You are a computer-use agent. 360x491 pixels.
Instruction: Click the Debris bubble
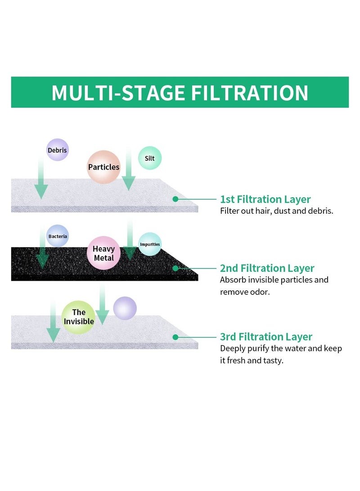click(x=58, y=150)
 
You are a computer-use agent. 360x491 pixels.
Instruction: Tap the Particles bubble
click(x=104, y=167)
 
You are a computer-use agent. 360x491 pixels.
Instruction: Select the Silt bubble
click(x=150, y=158)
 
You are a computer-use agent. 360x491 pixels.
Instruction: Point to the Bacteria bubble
click(x=58, y=236)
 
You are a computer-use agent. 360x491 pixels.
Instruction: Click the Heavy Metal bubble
click(x=104, y=253)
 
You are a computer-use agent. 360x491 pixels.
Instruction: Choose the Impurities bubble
click(x=150, y=244)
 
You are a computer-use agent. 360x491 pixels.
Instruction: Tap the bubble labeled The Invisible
click(x=79, y=317)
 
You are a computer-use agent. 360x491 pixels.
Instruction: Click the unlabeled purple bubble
click(x=125, y=308)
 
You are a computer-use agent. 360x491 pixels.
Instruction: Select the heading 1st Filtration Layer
click(x=265, y=199)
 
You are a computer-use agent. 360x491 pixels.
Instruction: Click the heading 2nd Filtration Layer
click(x=267, y=268)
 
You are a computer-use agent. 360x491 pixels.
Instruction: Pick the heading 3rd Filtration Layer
click(x=266, y=337)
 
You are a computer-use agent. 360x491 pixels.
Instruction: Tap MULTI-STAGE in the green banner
click(x=118, y=93)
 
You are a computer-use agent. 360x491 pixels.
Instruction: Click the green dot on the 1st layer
click(x=175, y=198)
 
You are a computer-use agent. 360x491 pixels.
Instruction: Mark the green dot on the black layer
click(x=175, y=268)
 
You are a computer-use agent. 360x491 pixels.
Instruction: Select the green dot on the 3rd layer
click(x=175, y=337)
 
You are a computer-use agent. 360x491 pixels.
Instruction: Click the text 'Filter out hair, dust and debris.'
click(x=276, y=211)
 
